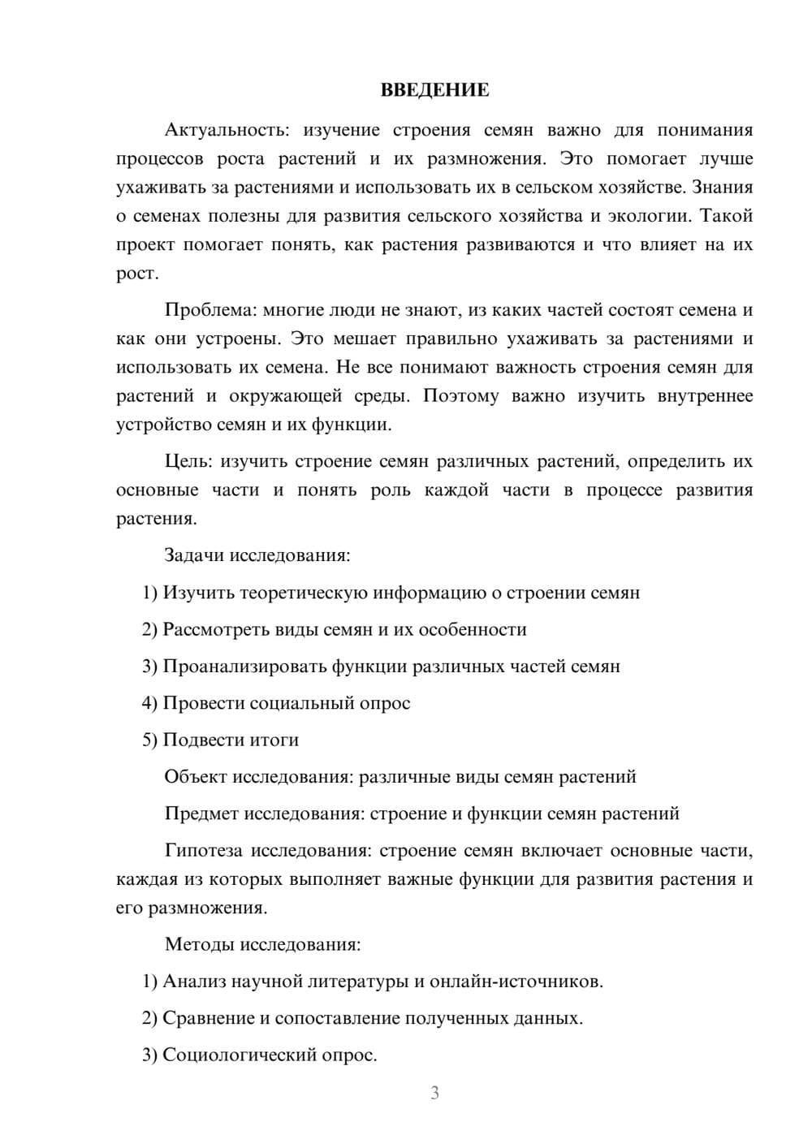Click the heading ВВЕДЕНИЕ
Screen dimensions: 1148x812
[434, 90]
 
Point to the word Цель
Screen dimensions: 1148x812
[188, 461]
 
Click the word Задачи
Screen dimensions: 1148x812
[195, 555]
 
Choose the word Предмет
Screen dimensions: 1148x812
[202, 813]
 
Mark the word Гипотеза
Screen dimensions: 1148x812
[203, 850]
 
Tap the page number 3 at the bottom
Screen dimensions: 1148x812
[434, 1093]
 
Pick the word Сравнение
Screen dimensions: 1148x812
[209, 1017]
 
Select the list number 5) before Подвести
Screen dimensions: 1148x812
[149, 740]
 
